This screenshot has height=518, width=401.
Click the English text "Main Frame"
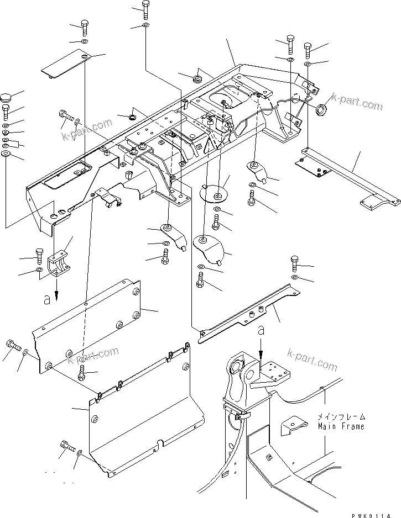point(341,427)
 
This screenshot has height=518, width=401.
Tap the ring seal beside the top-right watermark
point(320,110)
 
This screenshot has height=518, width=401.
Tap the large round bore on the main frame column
point(236,366)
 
